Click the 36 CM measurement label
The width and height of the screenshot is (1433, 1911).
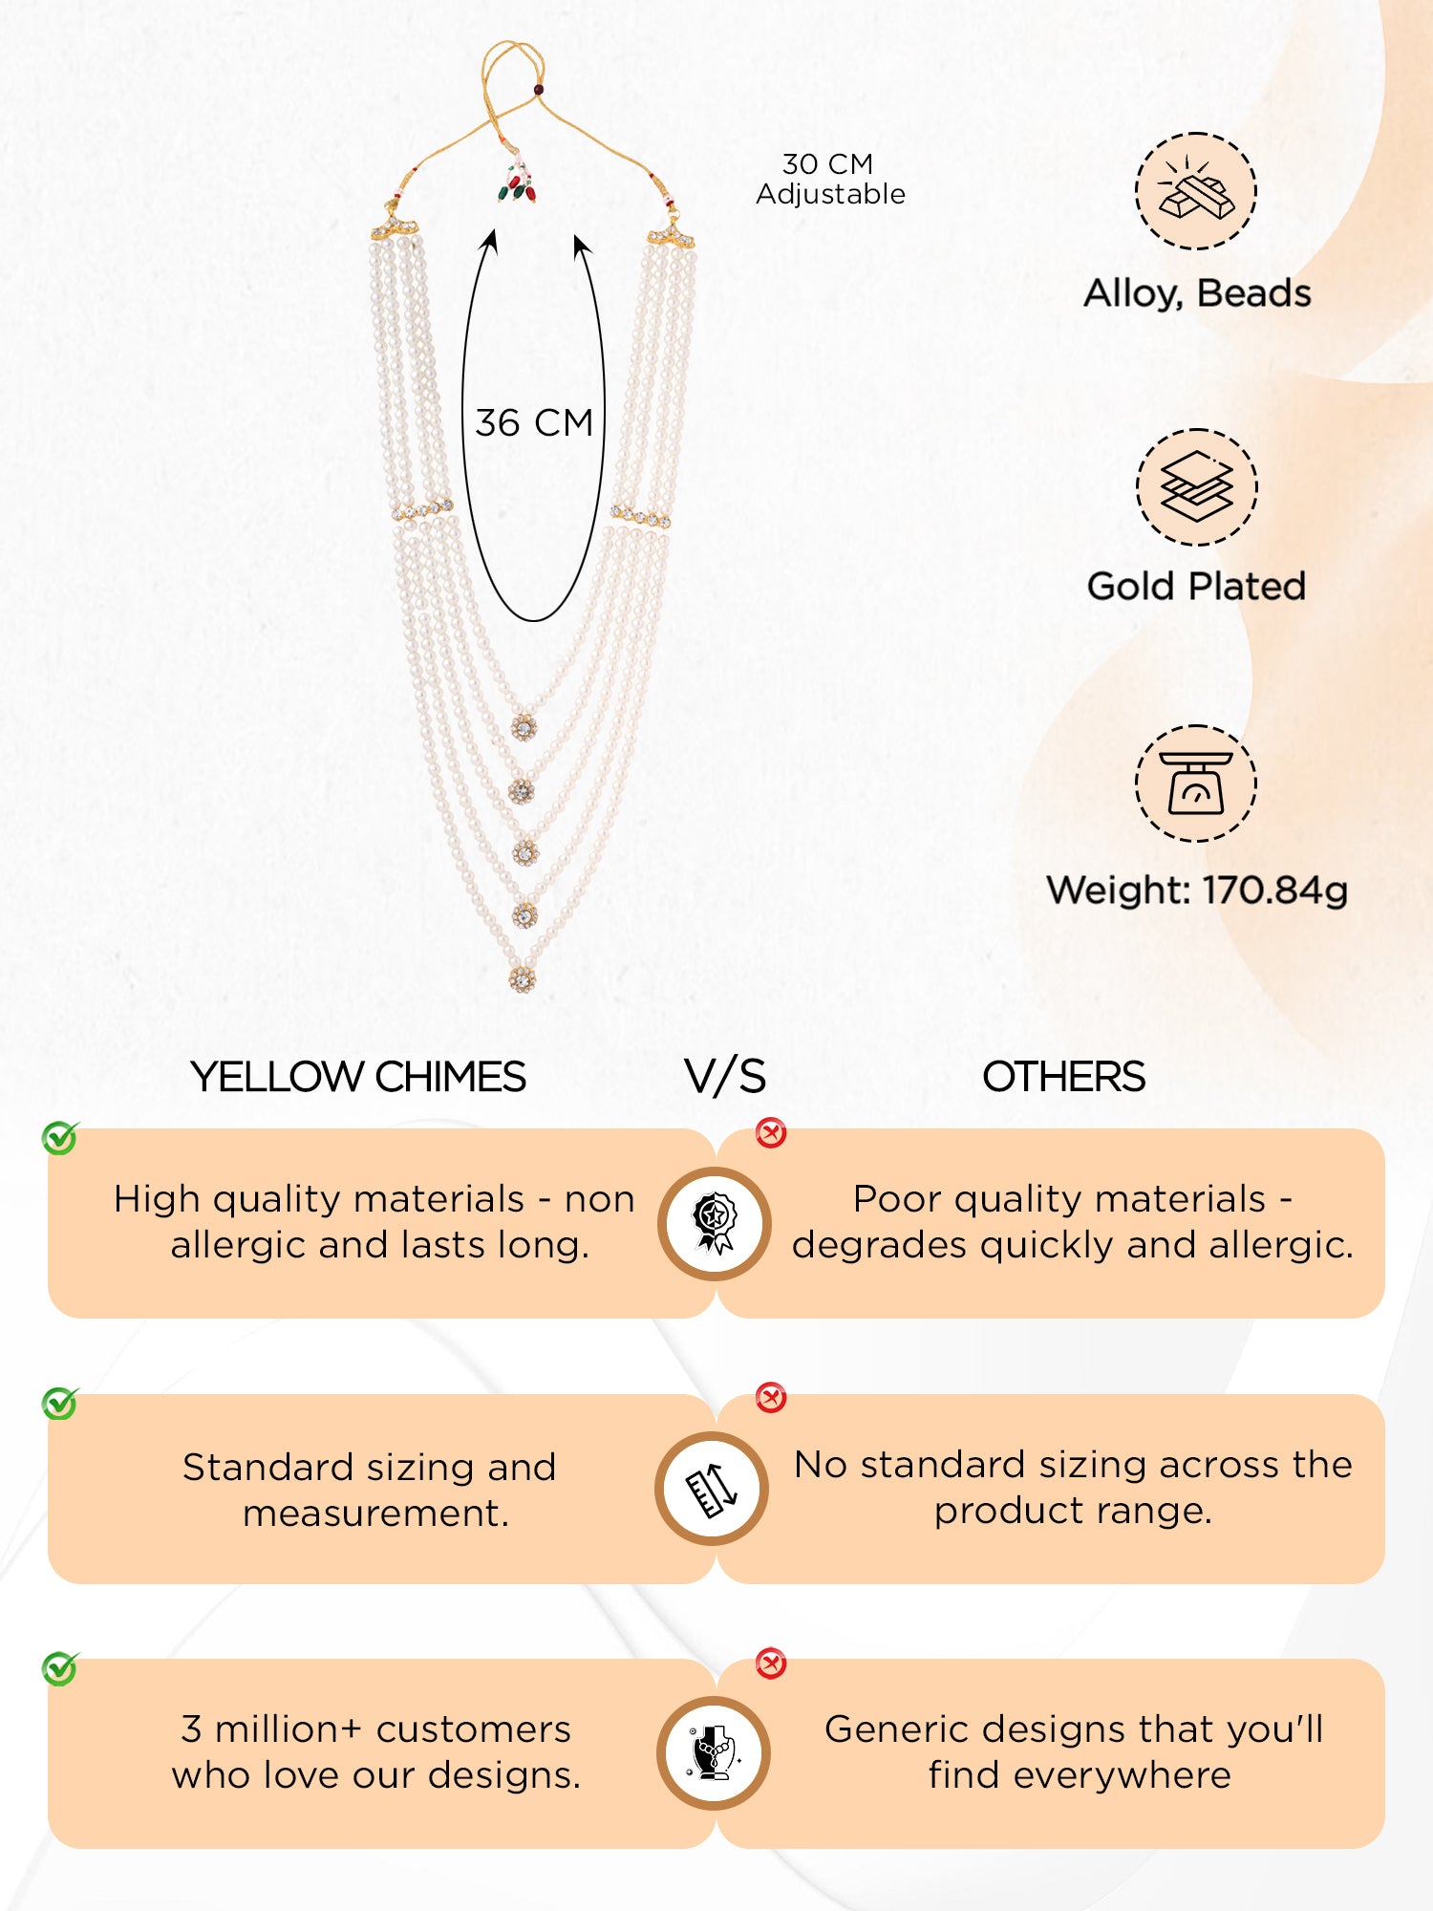534,423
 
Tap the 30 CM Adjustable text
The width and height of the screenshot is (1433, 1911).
830,179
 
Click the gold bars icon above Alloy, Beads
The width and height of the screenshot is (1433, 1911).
1196,191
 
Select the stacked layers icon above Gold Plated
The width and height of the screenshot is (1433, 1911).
1196,487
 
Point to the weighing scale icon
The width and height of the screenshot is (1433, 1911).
1196,784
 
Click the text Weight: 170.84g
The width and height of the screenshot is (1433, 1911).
1197,891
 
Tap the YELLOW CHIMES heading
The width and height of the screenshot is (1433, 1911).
358,1077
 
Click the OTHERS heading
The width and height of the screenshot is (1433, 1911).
1063,1077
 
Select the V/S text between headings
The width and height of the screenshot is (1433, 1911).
725,1077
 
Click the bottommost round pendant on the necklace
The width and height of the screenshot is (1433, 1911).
522,978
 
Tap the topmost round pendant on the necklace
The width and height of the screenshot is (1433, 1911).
523,728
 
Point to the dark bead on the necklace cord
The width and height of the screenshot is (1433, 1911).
538,90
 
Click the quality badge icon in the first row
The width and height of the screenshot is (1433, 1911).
715,1223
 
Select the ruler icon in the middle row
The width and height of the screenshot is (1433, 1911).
713,1489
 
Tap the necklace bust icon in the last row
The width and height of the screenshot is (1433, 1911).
715,1753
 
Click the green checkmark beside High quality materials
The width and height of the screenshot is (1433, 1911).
60,1138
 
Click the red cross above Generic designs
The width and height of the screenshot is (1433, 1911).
771,1664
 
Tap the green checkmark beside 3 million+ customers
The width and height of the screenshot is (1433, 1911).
60,1668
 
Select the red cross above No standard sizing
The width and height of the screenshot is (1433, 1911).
771,1398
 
